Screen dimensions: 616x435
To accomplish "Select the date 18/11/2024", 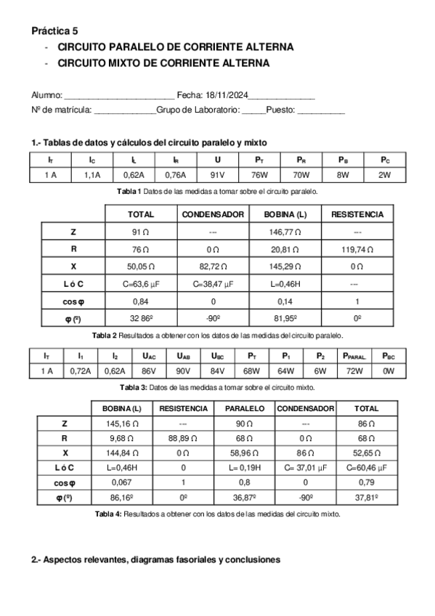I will [227, 95].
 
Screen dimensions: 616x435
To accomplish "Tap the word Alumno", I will [47, 95].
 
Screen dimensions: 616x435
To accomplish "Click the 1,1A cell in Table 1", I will [92, 174].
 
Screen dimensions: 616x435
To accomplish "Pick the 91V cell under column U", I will [218, 174].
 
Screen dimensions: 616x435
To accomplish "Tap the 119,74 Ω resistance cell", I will [357, 248].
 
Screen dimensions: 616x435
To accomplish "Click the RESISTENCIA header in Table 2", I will [357, 214].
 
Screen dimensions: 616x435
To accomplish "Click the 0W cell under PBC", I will [388, 371].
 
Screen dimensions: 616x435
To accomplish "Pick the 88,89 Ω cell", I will [183, 438].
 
